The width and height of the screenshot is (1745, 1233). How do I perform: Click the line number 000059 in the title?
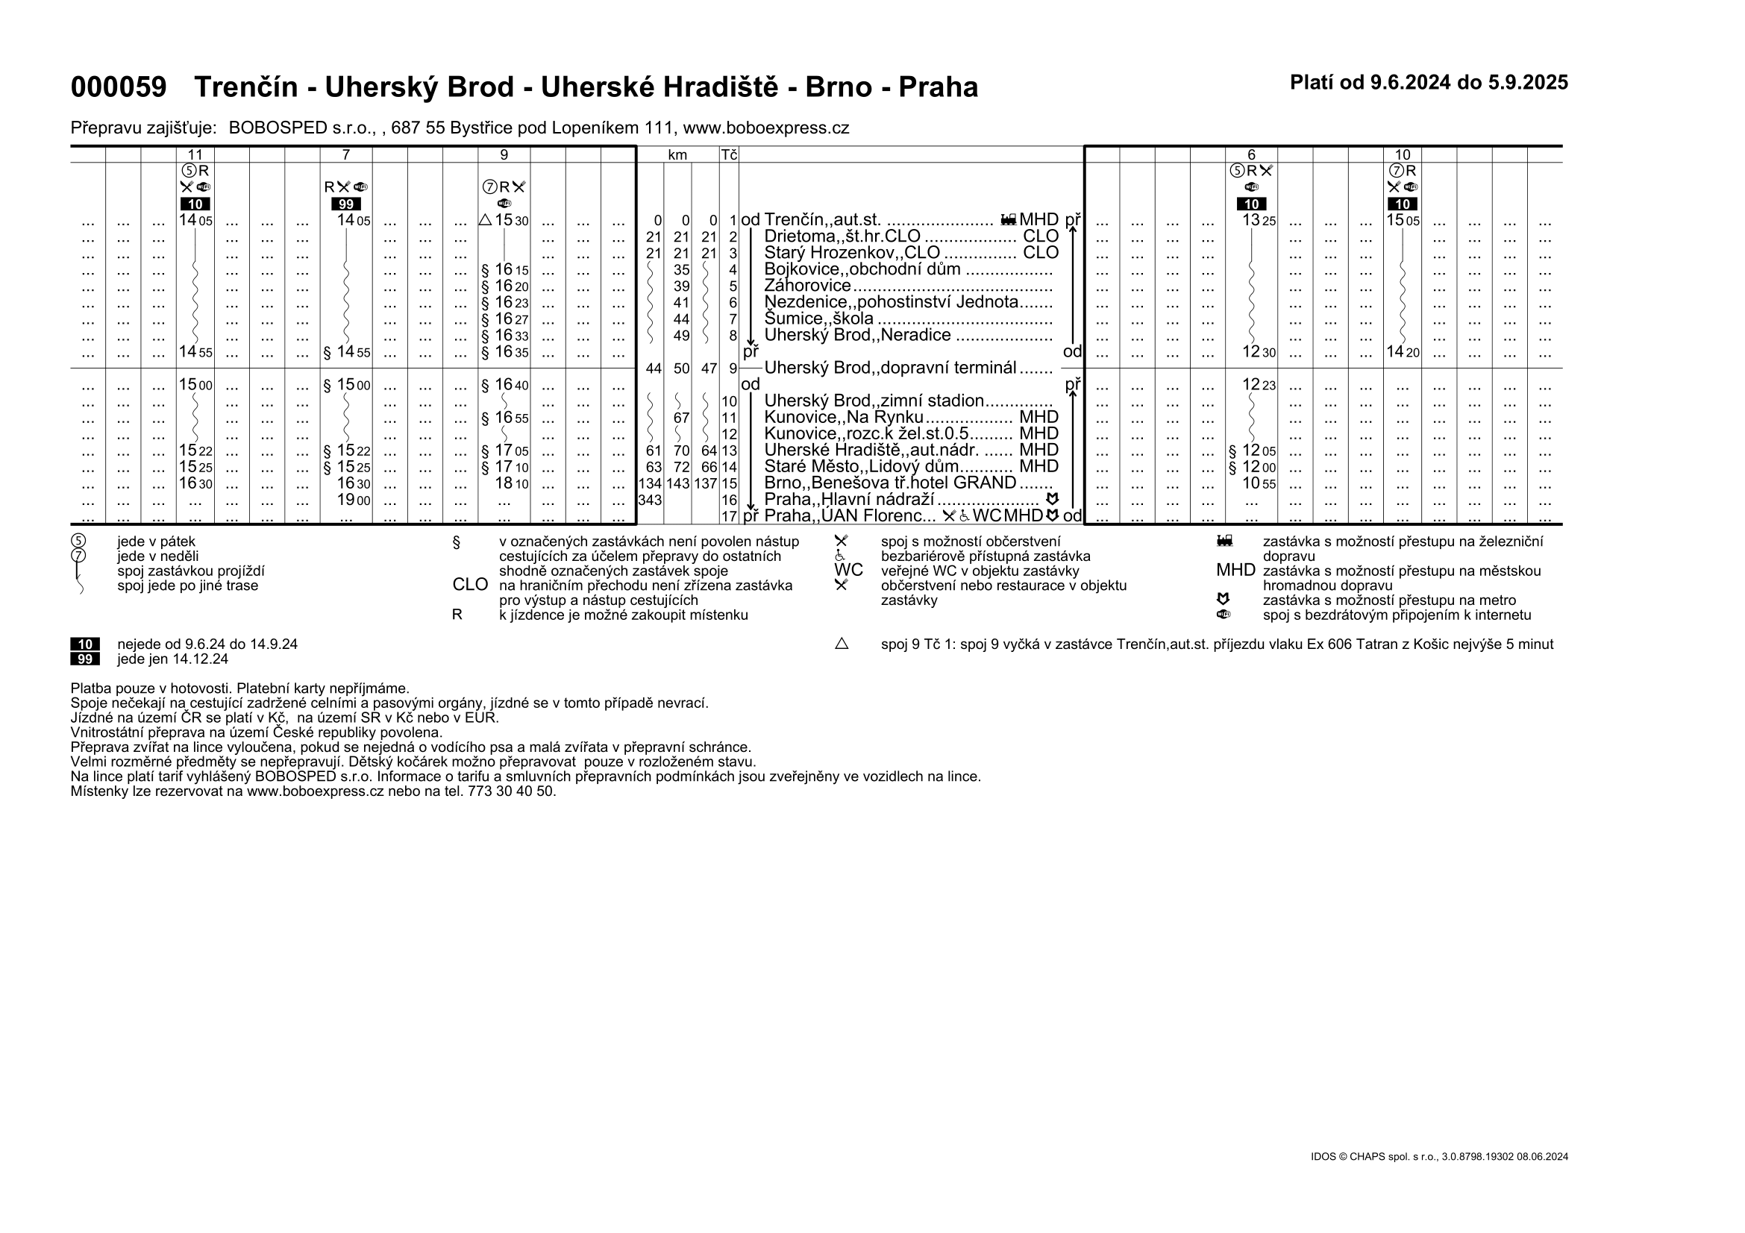tap(118, 87)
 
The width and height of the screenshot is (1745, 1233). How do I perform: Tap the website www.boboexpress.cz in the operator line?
tap(766, 128)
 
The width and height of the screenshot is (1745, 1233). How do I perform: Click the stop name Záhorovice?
tap(807, 286)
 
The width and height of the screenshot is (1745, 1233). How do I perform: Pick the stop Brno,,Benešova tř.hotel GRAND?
tap(890, 483)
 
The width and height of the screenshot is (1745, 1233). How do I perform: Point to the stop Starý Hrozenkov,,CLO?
tap(852, 253)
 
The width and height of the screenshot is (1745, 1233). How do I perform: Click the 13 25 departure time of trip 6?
tap(1259, 220)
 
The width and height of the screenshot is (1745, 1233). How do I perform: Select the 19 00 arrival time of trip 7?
tap(354, 500)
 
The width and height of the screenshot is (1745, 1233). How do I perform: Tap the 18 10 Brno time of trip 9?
tap(512, 483)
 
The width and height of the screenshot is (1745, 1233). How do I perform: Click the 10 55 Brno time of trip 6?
tap(1259, 483)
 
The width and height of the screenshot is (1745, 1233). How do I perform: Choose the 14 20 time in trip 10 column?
tap(1403, 352)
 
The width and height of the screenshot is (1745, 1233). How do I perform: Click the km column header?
tap(677, 155)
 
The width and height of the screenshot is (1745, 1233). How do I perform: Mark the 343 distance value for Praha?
tap(650, 500)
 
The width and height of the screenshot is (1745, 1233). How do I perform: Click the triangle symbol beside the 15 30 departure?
tap(486, 220)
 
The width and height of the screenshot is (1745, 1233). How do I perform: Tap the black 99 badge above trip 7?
tap(346, 204)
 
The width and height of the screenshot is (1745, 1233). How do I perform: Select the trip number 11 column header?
tap(195, 155)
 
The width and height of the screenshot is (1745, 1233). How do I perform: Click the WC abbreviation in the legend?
tap(848, 571)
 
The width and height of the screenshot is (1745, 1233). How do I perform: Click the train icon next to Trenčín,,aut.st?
tap(1008, 220)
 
